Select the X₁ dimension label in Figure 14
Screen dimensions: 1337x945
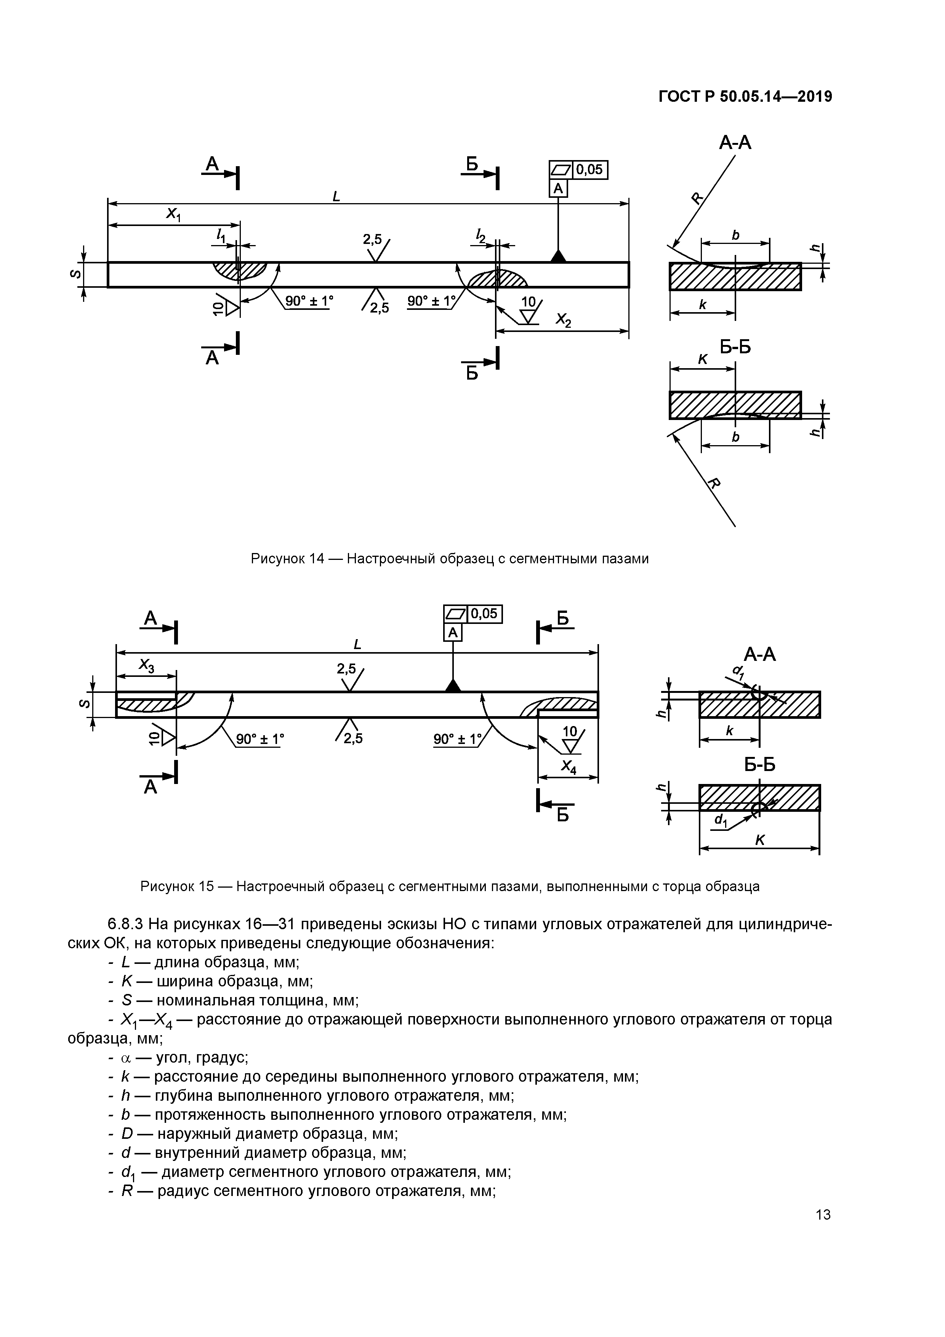pos(173,215)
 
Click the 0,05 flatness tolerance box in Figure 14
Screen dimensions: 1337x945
pos(590,170)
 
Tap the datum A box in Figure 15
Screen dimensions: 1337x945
pos(453,632)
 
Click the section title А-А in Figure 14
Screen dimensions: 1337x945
pos(735,142)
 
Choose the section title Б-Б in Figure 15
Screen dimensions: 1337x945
pos(759,764)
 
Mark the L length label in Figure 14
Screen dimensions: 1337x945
pos(336,197)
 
